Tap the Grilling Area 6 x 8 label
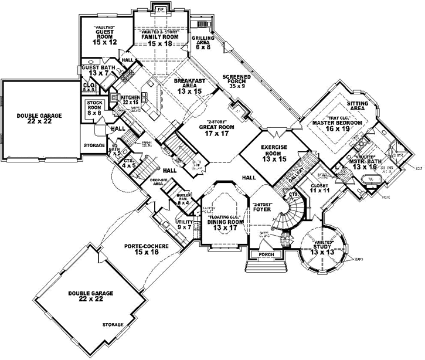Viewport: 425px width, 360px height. point(203,42)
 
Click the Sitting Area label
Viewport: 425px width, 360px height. point(357,106)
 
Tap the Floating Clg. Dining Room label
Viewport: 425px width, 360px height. point(225,224)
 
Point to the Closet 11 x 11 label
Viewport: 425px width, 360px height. point(321,188)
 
